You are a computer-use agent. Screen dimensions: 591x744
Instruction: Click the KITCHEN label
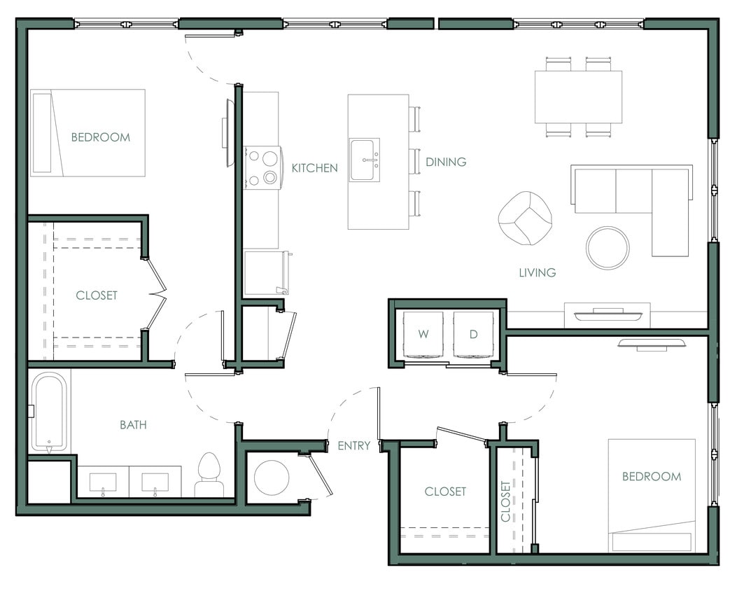[314, 168]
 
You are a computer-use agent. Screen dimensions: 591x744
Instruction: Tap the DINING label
[446, 162]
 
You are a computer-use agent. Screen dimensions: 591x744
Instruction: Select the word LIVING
[537, 272]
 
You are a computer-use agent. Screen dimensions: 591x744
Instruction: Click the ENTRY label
[353, 445]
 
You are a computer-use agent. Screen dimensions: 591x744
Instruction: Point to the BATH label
[133, 424]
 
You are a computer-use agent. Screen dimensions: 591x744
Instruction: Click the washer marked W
[423, 335]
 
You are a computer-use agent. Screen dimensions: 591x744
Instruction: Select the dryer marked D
[473, 335]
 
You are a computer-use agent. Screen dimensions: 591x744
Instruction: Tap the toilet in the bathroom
[209, 475]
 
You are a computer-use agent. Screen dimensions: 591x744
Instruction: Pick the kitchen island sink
[365, 160]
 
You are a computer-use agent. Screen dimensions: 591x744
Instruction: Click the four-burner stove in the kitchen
[262, 168]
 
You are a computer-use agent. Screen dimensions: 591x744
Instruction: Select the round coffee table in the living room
[607, 248]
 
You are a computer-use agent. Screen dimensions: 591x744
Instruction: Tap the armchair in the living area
[524, 218]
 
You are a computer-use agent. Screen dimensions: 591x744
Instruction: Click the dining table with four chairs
[578, 97]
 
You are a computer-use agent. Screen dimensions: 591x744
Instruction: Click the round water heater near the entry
[272, 478]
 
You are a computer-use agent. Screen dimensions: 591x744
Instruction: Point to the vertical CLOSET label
[505, 501]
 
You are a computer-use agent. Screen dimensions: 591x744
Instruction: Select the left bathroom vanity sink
[103, 482]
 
